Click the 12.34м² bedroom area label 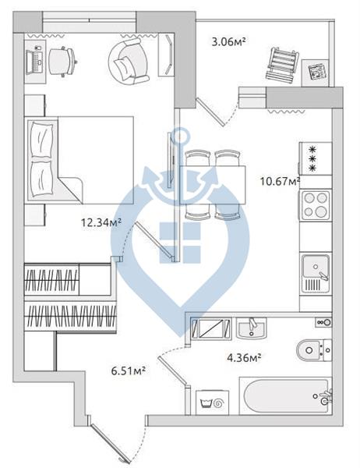[x=101, y=222]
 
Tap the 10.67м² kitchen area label [x=280, y=181]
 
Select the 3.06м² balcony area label [x=228, y=41]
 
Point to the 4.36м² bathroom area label [x=244, y=357]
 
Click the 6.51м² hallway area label [x=129, y=370]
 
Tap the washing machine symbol [x=213, y=402]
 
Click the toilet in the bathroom [x=314, y=349]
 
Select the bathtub [x=286, y=395]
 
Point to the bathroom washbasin [x=252, y=328]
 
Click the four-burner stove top [x=316, y=204]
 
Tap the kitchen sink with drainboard [x=316, y=274]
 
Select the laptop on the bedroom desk [x=34, y=62]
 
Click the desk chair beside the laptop [x=62, y=62]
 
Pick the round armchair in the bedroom [x=129, y=62]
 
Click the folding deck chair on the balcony [x=282, y=67]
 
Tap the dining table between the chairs [x=213, y=185]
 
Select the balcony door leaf [x=210, y=112]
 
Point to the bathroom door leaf [x=173, y=371]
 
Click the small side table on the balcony [x=316, y=73]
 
